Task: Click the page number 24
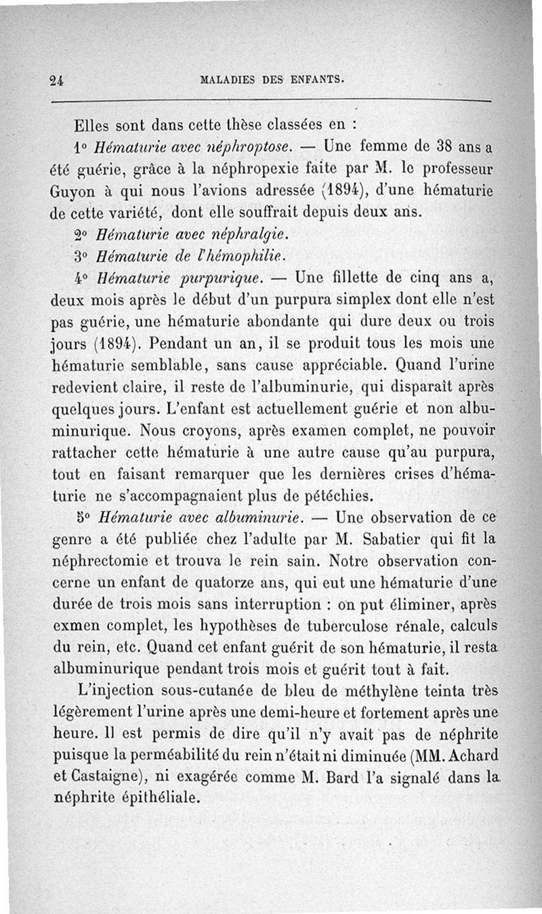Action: [x=56, y=79]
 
